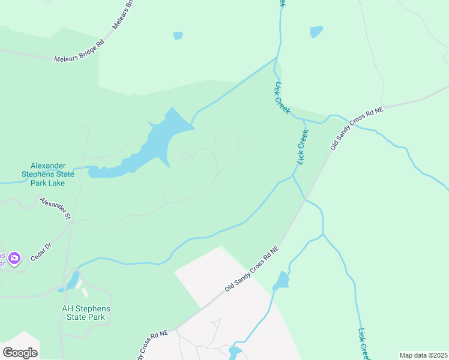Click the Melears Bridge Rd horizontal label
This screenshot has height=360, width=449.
click(x=79, y=51)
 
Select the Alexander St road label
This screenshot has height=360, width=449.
click(x=55, y=208)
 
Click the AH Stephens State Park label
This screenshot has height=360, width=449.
click(x=86, y=313)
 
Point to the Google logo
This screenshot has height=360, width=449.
click(x=20, y=352)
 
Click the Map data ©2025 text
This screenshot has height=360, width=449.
click(x=423, y=355)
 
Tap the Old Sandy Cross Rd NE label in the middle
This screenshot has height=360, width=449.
click(x=252, y=269)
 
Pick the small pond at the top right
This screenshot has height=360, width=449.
click(x=316, y=32)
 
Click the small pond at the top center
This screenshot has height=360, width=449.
click(x=178, y=36)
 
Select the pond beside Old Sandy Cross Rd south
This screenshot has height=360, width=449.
click(x=281, y=280)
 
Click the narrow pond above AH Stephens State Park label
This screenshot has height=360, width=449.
click(x=73, y=280)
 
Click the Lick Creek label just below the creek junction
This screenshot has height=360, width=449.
click(x=282, y=98)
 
